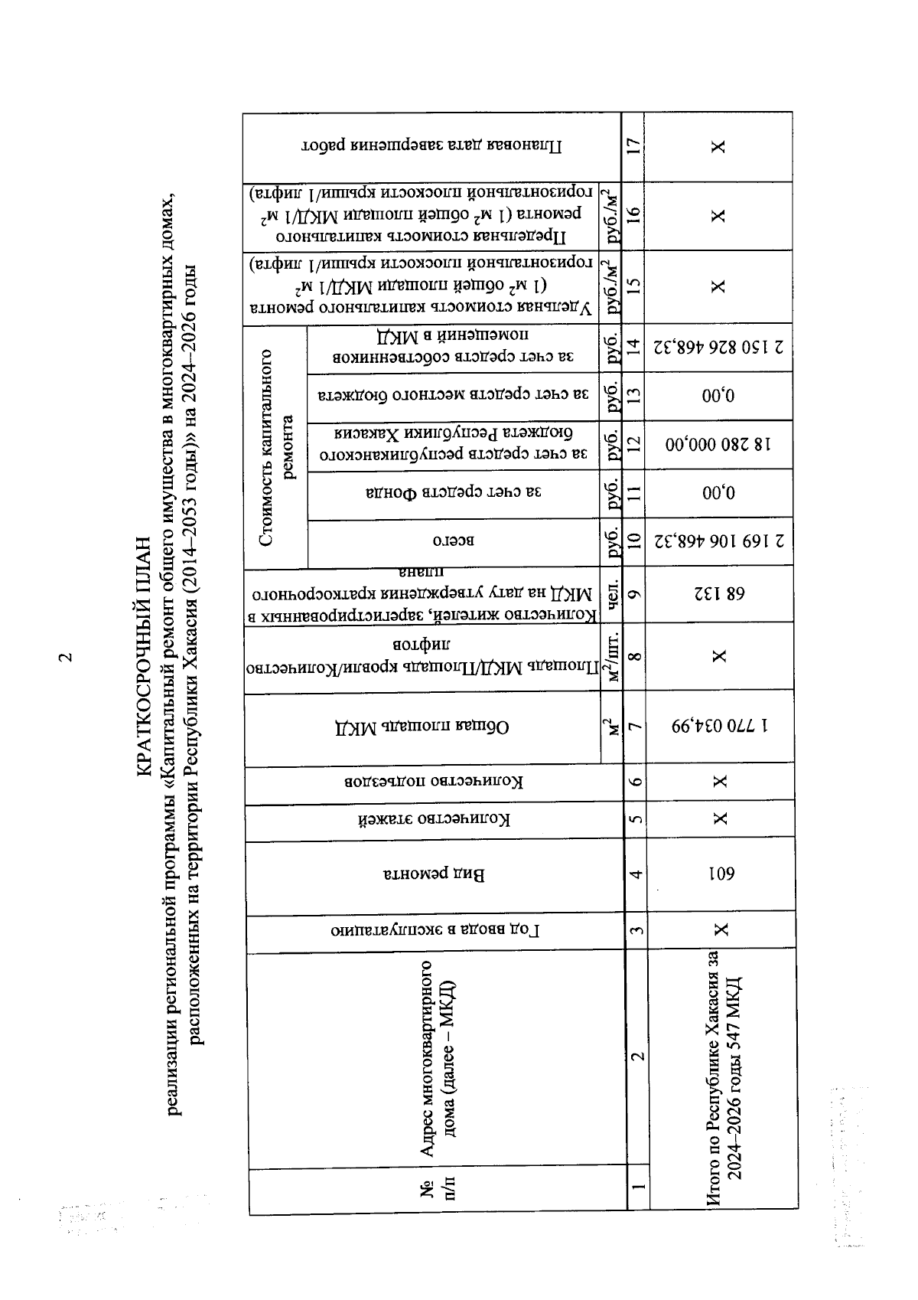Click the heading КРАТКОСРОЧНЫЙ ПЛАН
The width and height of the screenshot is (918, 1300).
145,658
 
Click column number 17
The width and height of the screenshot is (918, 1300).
633,146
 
